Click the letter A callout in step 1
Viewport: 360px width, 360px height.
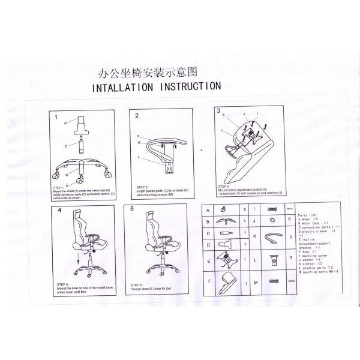click(x=67, y=183)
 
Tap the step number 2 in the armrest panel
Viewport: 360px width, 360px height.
click(x=137, y=115)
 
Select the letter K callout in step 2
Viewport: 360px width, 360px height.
click(x=138, y=136)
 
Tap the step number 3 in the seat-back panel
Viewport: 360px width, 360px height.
click(x=218, y=110)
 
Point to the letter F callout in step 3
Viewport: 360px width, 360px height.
click(x=222, y=131)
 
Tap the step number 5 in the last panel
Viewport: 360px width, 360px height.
click(x=132, y=211)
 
